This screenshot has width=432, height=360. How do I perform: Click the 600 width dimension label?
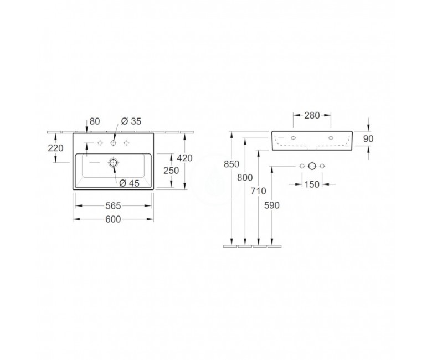click(113, 219)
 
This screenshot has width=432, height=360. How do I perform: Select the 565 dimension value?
click(113, 205)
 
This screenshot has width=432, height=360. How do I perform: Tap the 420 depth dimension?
click(184, 158)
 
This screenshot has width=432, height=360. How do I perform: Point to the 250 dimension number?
click(171, 171)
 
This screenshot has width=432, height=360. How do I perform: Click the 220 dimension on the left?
click(55, 148)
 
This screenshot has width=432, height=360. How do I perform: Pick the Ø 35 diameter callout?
click(131, 121)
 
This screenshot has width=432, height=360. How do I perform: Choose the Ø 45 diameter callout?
click(130, 183)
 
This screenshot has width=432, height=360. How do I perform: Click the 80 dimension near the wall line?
click(95, 121)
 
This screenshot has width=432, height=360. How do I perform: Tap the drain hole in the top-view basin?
click(113, 162)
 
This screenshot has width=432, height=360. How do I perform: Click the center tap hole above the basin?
click(113, 143)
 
